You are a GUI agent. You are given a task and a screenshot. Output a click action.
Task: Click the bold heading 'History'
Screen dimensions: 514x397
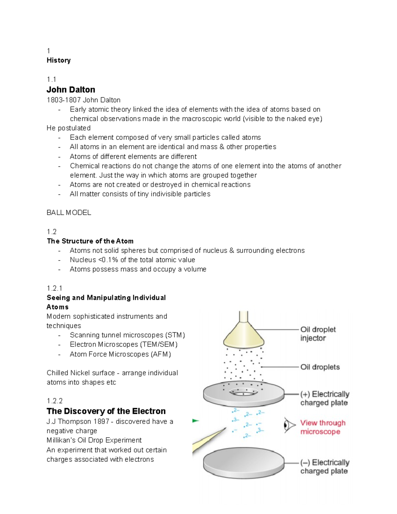(59, 60)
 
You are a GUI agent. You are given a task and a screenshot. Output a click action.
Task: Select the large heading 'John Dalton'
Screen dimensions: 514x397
(71, 90)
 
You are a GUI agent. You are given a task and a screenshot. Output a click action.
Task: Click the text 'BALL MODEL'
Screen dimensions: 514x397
(69, 213)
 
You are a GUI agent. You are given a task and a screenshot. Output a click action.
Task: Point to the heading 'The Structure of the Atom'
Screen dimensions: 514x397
(90, 241)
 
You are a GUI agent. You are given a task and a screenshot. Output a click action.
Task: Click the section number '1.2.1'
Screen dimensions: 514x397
(55, 288)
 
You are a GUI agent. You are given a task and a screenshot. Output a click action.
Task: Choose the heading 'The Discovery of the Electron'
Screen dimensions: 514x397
(106, 411)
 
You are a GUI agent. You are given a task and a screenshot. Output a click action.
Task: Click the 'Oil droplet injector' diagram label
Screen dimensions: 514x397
(318, 334)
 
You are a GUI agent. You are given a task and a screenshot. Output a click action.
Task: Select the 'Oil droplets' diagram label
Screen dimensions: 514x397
(320, 367)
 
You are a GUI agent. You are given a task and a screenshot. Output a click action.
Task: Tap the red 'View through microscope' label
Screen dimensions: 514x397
(323, 427)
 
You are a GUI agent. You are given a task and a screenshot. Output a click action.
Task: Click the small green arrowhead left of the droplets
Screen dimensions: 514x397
(196, 421)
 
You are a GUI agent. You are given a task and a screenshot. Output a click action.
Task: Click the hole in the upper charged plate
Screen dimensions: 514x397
(243, 393)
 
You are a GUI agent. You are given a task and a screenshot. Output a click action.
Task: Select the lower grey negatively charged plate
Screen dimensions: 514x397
(243, 463)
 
